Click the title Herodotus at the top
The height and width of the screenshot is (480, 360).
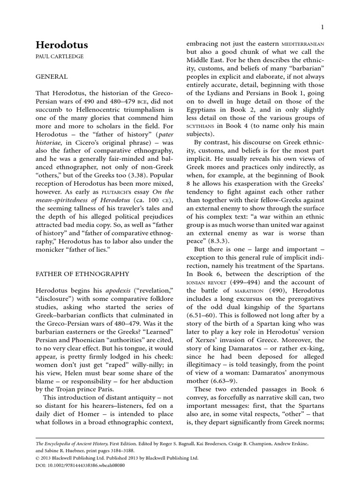62,45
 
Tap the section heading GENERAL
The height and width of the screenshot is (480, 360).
52,76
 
